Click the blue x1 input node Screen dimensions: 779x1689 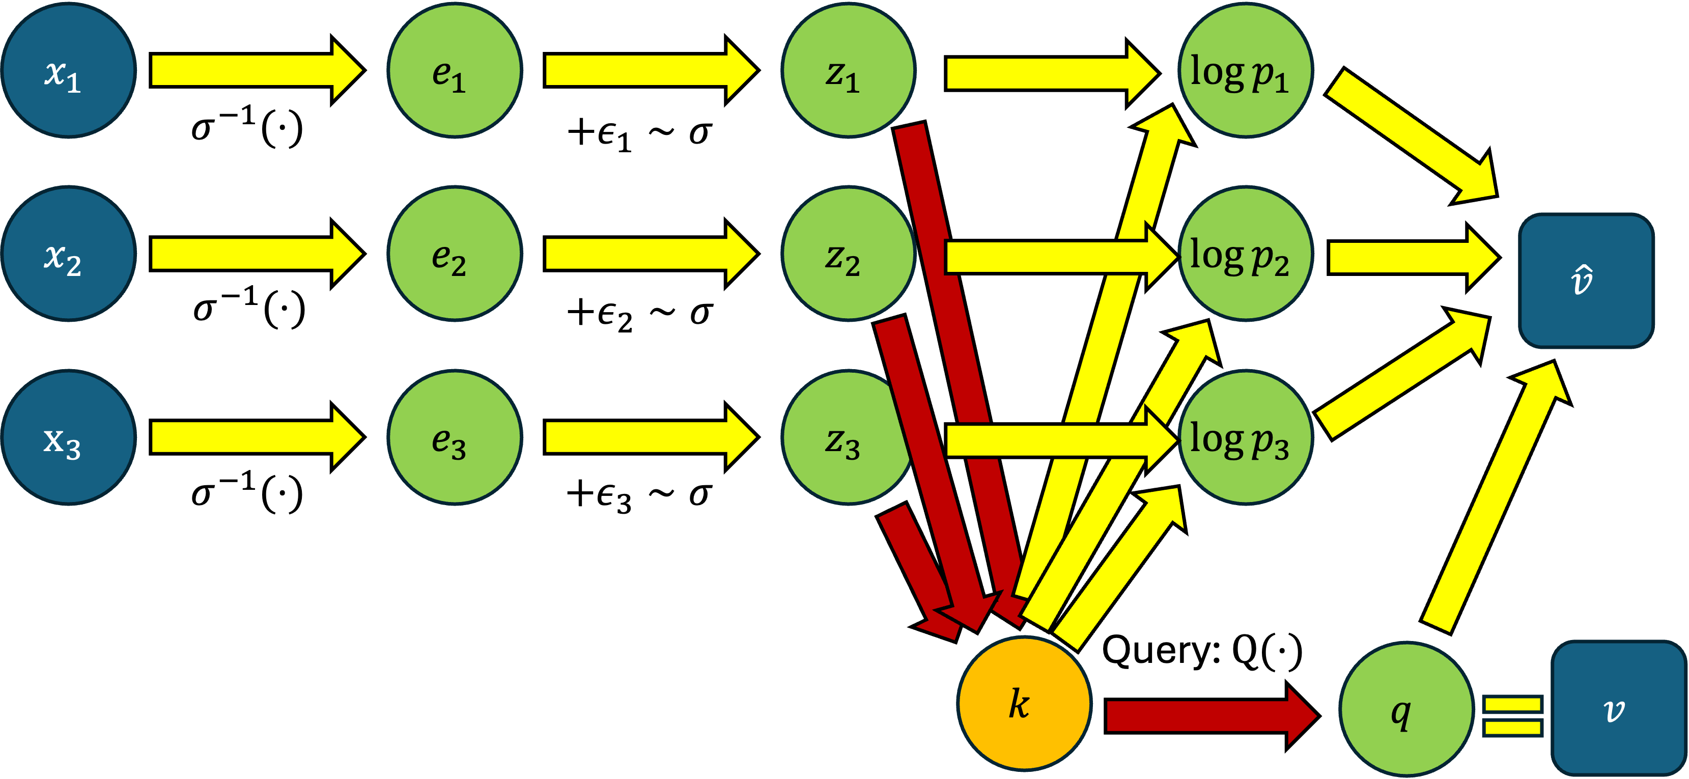[x=68, y=70]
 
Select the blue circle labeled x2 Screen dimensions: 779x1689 [x=68, y=254]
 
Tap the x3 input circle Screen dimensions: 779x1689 [x=68, y=437]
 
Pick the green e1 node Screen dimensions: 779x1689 [x=455, y=70]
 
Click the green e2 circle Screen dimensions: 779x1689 [x=455, y=254]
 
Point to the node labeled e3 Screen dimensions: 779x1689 [x=455, y=437]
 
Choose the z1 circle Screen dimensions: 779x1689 [x=848, y=70]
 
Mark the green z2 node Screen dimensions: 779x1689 [x=848, y=254]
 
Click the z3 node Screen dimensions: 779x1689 [x=839, y=437]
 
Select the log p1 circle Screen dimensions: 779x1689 [x=1246, y=70]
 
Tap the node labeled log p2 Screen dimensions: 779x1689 [x=1246, y=254]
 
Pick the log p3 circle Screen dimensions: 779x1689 [x=1246, y=437]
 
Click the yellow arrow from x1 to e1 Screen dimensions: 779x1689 [x=256, y=70]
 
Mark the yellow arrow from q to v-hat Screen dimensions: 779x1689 [x=1495, y=498]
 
